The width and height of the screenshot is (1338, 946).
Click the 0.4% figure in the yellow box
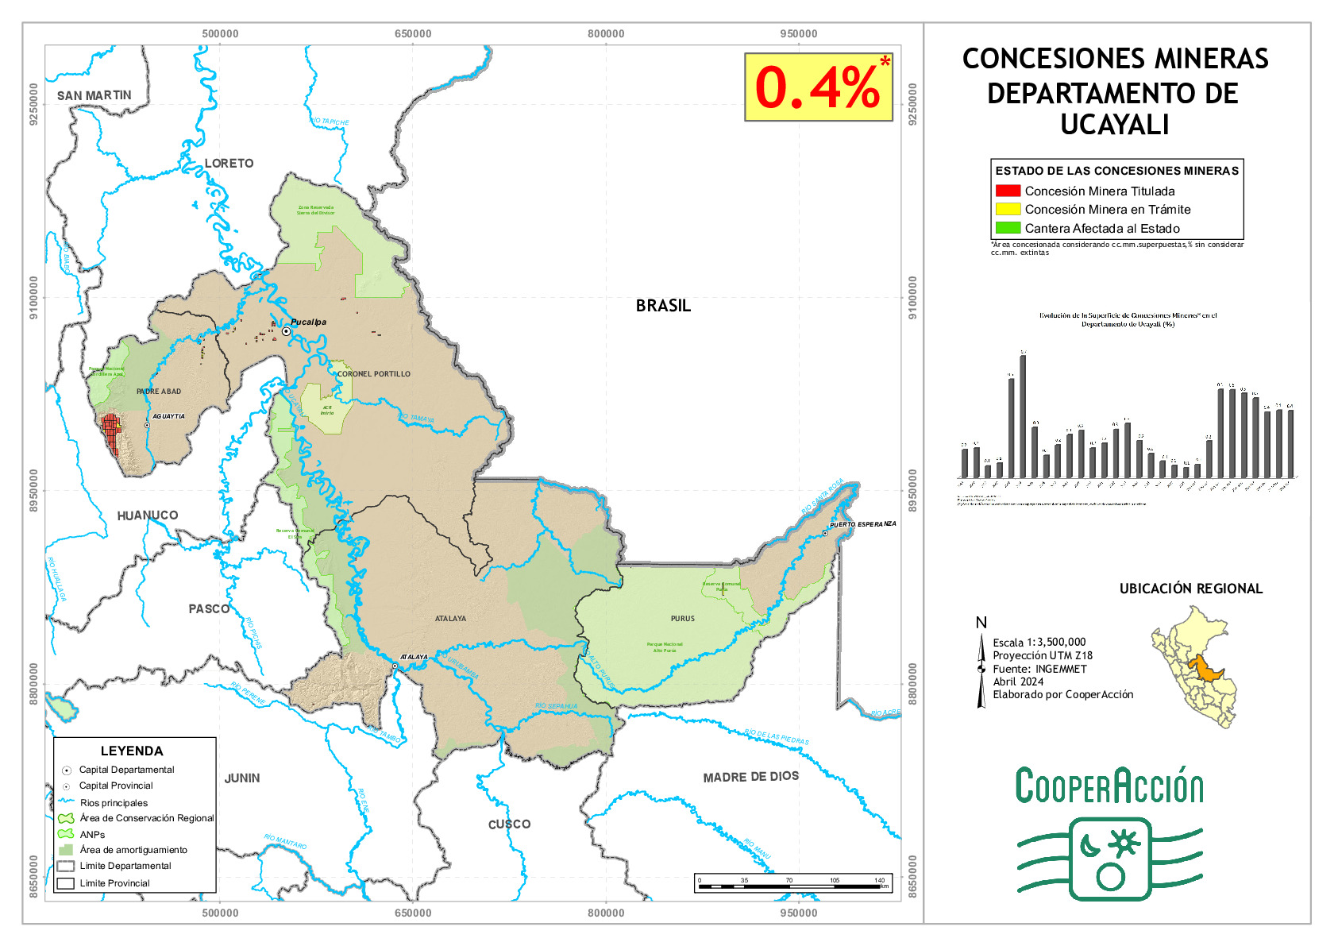[x=817, y=87]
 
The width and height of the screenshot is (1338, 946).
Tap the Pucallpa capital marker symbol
[x=286, y=331]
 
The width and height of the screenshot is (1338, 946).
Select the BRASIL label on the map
[x=663, y=306]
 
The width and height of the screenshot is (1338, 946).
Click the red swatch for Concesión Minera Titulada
[x=1008, y=191]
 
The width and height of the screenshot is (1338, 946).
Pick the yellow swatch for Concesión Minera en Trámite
[x=1008, y=209]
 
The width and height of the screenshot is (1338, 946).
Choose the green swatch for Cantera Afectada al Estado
[x=1008, y=228]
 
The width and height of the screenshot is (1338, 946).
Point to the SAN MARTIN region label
[x=94, y=95]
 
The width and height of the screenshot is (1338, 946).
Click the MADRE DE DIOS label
[x=750, y=777]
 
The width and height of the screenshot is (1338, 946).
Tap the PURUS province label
[x=682, y=618]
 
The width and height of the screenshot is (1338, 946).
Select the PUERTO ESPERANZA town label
[x=862, y=524]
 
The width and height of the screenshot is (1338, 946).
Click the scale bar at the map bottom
[x=792, y=884]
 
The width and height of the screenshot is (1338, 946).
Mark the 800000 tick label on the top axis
[x=606, y=33]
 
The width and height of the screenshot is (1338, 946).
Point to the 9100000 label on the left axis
[x=33, y=298]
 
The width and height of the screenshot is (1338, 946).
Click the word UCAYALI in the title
[x=1114, y=125]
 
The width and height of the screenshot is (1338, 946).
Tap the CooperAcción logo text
[x=1109, y=786]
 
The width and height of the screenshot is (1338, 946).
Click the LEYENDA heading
[x=132, y=751]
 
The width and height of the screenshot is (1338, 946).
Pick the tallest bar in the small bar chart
[x=1023, y=416]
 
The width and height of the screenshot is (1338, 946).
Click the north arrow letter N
[x=981, y=623]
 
